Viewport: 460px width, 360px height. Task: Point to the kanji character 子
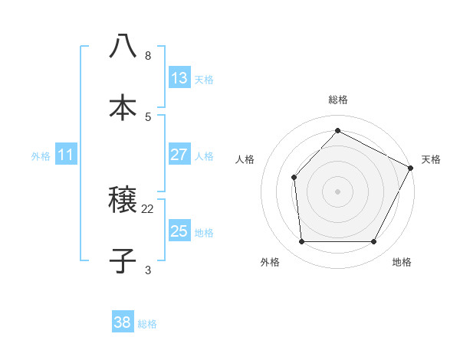(x=123, y=260)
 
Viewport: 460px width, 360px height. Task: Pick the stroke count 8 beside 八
(x=148, y=56)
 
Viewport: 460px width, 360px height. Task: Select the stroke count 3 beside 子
(x=148, y=270)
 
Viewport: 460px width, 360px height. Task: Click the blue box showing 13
(x=179, y=78)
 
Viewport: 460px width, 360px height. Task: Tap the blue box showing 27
(x=179, y=155)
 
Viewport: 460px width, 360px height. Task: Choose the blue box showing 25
(x=179, y=231)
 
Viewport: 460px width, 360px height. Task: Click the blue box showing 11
(x=65, y=155)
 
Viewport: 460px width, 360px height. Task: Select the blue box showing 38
(x=122, y=322)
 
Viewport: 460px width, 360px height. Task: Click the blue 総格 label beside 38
(x=147, y=324)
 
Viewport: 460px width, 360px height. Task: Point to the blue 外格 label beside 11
(x=41, y=156)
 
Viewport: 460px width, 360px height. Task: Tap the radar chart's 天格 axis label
(x=431, y=159)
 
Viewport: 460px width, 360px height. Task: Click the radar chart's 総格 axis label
(x=337, y=100)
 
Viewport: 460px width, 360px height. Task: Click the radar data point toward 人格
(x=294, y=177)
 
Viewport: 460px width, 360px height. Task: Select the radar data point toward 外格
(x=301, y=242)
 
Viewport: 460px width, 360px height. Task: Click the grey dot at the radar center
(x=337, y=191)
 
